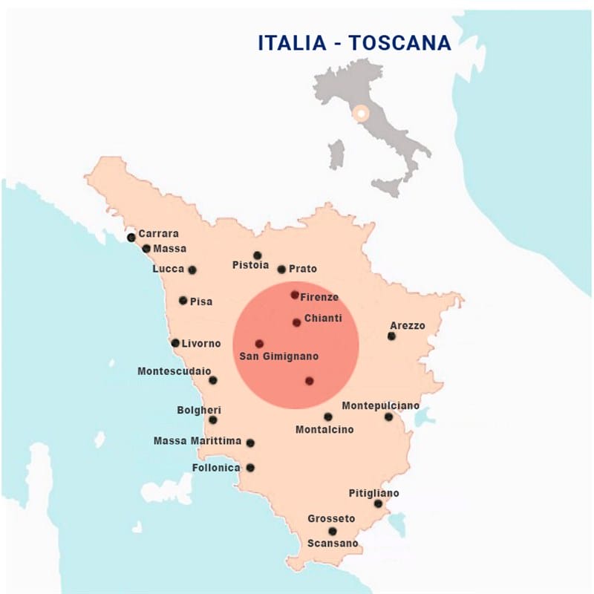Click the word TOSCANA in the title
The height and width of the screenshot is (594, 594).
(400, 43)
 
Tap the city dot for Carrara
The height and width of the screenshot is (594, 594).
(131, 238)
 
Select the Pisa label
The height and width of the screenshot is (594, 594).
(201, 301)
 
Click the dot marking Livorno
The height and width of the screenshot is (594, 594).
(175, 343)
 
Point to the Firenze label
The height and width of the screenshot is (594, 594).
(320, 297)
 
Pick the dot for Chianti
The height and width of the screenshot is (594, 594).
(296, 322)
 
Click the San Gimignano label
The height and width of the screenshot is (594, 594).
(278, 356)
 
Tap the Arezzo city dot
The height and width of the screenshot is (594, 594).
(391, 336)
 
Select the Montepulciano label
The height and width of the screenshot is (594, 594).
(380, 405)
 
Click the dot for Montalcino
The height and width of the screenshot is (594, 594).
(328, 417)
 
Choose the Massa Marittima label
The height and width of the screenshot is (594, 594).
(198, 441)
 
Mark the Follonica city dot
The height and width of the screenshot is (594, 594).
(250, 468)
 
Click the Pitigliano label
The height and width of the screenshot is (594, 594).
(373, 493)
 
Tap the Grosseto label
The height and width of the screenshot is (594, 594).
(331, 518)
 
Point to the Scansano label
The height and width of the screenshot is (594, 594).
(333, 544)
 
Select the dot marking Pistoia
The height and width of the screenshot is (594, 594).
(258, 255)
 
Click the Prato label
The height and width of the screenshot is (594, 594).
(303, 269)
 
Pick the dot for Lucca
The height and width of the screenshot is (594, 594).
(192, 270)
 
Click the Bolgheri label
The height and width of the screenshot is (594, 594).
(199, 410)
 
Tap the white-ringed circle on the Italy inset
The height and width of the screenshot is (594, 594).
(360, 114)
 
